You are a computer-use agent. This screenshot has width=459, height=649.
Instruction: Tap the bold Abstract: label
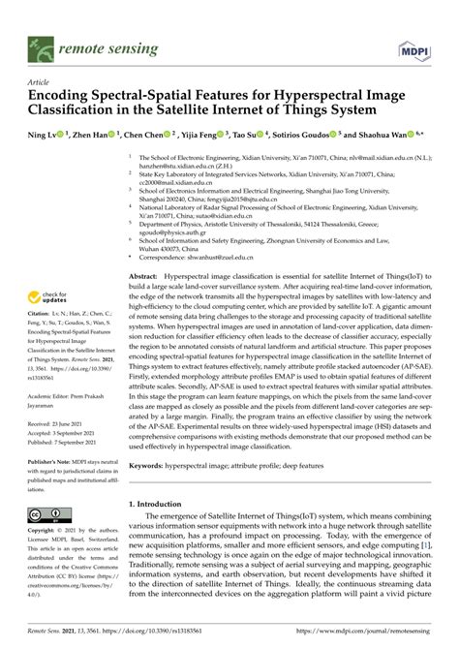point(145,277)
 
